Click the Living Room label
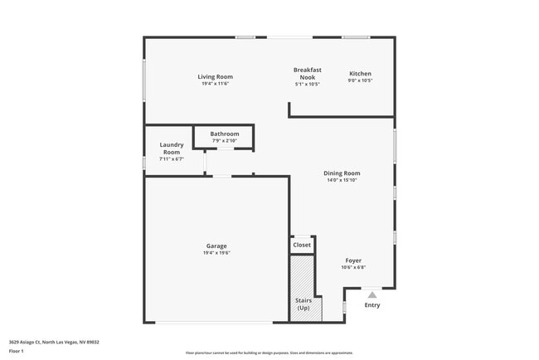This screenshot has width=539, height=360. click(215, 76)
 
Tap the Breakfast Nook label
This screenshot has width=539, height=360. click(307, 73)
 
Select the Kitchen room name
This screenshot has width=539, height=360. click(360, 74)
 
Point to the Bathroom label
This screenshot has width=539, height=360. click(224, 134)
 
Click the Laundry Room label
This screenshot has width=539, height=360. click(172, 148)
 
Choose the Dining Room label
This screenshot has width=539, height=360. click(342, 173)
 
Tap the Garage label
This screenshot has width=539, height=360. click(216, 246)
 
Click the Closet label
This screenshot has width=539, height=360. click(302, 245)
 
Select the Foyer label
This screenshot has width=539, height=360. click(353, 260)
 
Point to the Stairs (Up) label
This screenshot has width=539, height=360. click(303, 304)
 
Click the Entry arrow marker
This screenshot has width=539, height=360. click(372, 293)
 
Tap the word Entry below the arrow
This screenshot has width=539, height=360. click(372, 305)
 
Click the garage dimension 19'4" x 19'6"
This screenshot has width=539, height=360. click(216, 252)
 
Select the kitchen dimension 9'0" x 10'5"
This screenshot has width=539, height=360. click(360, 80)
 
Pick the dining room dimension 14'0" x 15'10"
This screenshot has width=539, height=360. click(342, 180)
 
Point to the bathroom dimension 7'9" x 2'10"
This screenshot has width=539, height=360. click(224, 140)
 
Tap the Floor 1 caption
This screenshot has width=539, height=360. click(17, 351)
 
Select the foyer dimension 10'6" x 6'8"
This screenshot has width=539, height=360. click(353, 267)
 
